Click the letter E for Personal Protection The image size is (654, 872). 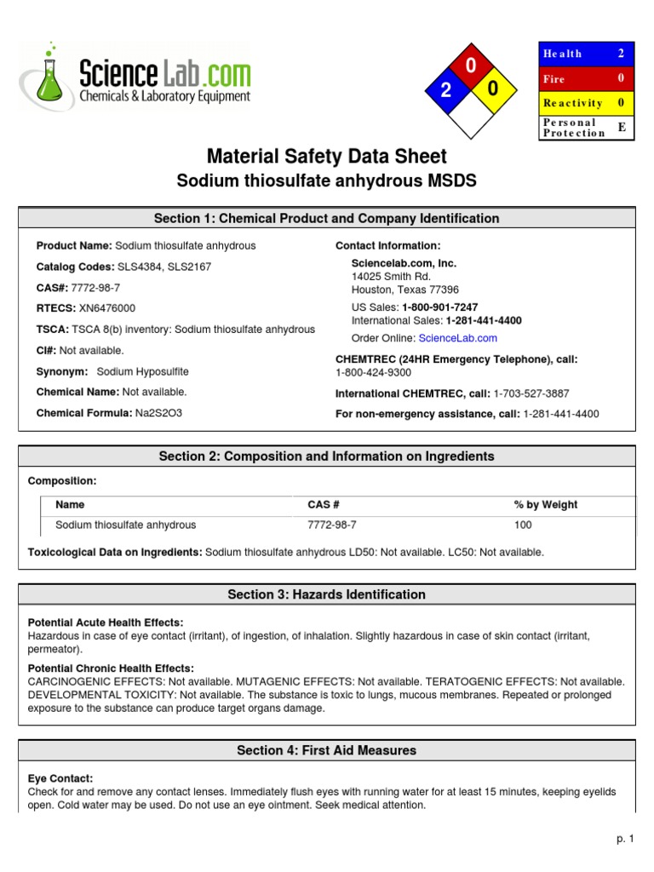pos(621,127)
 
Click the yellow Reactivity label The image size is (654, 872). pos(572,103)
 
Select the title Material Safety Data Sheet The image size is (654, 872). pos(326,157)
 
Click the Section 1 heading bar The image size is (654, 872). pos(326,219)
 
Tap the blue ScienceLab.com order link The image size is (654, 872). pos(457,338)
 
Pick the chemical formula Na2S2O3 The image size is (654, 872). pos(158,413)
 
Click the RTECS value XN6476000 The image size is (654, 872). pos(106,308)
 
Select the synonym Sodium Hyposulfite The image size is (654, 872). pos(143,371)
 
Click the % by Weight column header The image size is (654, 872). pos(546,505)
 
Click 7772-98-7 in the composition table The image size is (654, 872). pos(332,525)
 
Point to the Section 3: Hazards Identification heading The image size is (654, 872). pos(326,594)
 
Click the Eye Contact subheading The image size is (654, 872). pos(60,778)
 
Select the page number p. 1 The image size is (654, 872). pos(626,839)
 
